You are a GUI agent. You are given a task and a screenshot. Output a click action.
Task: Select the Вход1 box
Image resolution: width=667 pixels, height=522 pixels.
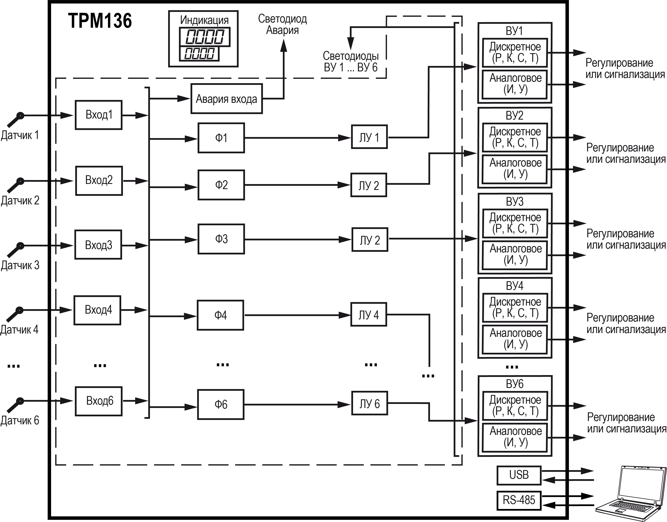(x=99, y=115)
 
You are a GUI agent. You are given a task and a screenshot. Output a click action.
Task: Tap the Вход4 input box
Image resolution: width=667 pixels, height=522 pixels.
(x=97, y=310)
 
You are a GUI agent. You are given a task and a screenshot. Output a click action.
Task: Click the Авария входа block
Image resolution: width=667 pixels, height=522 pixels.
(x=226, y=99)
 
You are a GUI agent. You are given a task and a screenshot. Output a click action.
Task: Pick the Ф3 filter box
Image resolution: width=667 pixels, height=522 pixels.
(x=221, y=239)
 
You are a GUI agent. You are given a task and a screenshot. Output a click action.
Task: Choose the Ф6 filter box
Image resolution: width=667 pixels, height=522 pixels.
(x=221, y=404)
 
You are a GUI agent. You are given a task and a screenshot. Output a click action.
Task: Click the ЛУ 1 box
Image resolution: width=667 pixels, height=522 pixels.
(x=369, y=137)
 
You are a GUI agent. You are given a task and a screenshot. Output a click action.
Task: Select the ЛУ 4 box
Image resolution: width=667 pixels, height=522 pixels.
(x=369, y=314)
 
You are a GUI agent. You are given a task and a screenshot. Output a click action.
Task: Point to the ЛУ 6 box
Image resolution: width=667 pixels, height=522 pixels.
(x=369, y=403)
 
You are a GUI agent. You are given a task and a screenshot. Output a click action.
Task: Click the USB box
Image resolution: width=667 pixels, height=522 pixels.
(x=519, y=475)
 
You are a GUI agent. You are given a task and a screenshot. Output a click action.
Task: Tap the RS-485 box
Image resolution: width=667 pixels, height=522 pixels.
(x=519, y=500)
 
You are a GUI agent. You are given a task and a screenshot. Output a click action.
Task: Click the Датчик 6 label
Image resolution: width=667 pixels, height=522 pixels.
(x=20, y=421)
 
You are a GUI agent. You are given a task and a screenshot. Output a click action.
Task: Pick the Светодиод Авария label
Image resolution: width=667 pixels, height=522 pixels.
(x=282, y=24)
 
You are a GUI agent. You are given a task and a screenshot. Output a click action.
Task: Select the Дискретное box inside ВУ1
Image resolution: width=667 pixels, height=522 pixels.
(x=515, y=53)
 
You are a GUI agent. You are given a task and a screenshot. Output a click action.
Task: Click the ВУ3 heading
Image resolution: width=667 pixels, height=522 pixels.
(x=515, y=202)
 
